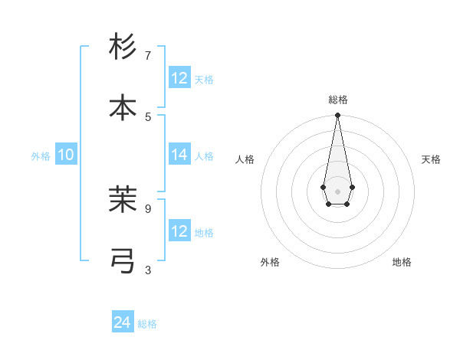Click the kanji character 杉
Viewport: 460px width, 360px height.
click(x=123, y=47)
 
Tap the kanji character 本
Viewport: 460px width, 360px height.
click(x=123, y=107)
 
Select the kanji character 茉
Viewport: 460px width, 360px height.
click(x=123, y=199)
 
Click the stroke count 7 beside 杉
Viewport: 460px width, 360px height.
click(x=148, y=56)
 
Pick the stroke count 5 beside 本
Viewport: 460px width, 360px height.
click(x=148, y=116)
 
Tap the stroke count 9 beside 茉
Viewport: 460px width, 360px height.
click(x=148, y=208)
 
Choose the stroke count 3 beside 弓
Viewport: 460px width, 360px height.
click(x=148, y=270)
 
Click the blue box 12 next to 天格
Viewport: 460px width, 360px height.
click(x=179, y=78)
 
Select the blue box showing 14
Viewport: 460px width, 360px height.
click(x=179, y=155)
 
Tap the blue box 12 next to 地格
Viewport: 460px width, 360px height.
click(x=179, y=231)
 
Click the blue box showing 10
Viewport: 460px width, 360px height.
click(x=66, y=155)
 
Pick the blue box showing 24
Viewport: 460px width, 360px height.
click(x=123, y=323)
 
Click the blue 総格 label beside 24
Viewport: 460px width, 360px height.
click(x=147, y=324)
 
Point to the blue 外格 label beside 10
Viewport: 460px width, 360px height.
click(x=41, y=155)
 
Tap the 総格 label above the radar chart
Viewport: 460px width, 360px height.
click(x=337, y=100)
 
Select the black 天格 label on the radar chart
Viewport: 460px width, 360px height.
click(x=431, y=159)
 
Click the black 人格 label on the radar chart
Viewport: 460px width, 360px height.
click(x=245, y=159)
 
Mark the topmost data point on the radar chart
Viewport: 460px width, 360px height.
click(x=337, y=116)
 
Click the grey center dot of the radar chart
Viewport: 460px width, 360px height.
click(x=337, y=190)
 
